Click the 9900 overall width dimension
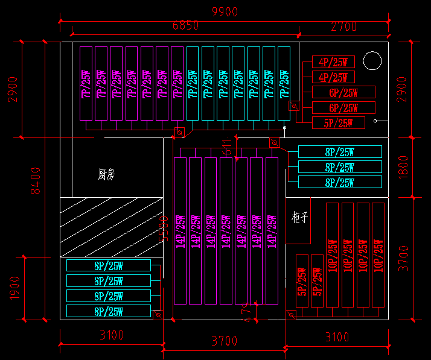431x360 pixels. click(225, 11)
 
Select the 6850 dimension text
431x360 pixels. click(185, 25)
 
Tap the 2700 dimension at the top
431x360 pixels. click(343, 27)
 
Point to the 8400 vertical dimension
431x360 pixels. click(36, 180)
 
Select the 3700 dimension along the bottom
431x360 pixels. click(224, 341)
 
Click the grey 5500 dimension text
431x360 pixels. click(162, 229)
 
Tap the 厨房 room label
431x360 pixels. click(106, 175)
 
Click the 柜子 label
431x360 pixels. click(300, 217)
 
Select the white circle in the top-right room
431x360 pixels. click(372, 60)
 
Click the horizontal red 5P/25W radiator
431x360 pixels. click(338, 123)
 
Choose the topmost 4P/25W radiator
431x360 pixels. click(333, 62)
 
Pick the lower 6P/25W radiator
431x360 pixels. click(343, 108)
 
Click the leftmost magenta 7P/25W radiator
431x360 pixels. click(87, 83)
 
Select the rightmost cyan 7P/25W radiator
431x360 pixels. click(284, 83)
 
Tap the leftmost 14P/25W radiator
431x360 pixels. click(180, 230)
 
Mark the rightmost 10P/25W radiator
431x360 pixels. click(378, 254)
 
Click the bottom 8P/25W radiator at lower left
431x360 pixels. click(109, 311)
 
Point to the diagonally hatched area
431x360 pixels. click(112, 227)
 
